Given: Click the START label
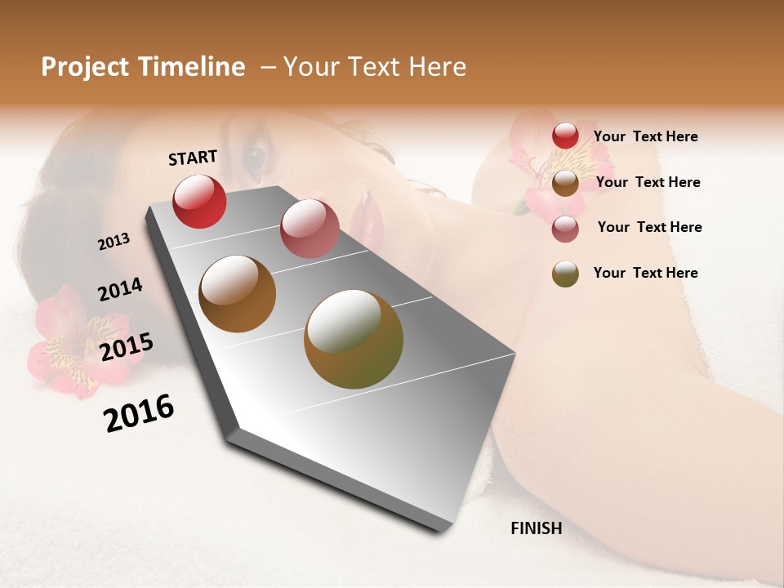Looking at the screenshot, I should (193, 158).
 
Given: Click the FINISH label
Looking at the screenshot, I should (536, 528).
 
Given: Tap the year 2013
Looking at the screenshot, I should (114, 242).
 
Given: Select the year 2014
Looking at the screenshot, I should (120, 290).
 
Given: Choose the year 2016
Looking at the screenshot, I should (139, 413).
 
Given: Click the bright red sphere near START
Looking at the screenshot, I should (199, 201).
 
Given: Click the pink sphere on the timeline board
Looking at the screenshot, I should (309, 229).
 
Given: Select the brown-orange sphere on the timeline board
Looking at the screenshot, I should (238, 294).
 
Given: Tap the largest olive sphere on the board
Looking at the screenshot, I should (354, 339).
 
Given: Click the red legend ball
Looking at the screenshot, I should (565, 136).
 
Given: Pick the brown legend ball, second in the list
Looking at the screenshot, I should (565, 183).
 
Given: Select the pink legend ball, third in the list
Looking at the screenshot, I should (565, 228).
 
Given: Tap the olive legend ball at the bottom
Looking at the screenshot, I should (565, 274).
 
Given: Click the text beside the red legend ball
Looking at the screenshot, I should (645, 136).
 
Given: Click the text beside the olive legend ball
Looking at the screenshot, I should (645, 273).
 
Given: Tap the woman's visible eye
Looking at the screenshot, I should (256, 154).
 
